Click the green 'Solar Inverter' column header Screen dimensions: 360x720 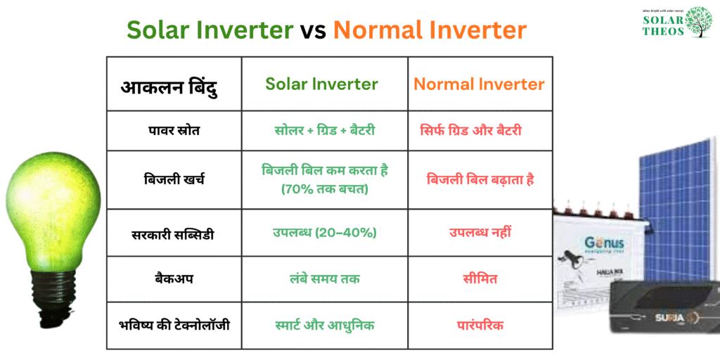click(x=321, y=84)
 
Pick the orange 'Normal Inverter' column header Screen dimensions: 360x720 click(x=479, y=84)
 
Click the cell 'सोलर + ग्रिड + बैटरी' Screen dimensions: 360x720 click(x=325, y=130)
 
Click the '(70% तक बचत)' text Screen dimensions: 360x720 click(x=324, y=189)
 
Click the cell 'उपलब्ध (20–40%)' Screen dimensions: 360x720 click(x=324, y=233)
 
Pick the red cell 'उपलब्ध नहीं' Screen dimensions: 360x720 click(x=480, y=233)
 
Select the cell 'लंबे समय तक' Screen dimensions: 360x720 click(x=324, y=278)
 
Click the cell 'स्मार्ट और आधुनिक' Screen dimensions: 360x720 click(x=324, y=326)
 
